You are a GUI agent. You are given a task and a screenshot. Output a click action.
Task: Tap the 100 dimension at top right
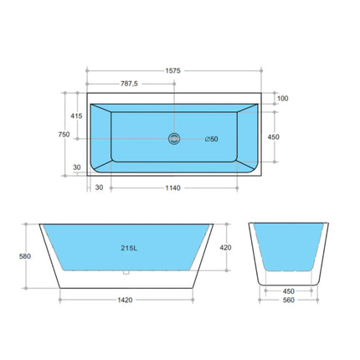[282, 99]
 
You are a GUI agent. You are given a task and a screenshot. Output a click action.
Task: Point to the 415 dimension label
[76, 116]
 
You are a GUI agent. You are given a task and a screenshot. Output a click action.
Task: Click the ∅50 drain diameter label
[211, 139]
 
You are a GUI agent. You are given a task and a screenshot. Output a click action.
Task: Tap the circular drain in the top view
[174, 138]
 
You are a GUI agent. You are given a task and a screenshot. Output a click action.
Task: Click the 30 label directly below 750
[76, 167]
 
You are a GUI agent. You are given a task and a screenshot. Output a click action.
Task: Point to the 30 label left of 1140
[99, 188]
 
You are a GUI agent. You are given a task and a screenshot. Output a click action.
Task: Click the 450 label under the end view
[289, 291]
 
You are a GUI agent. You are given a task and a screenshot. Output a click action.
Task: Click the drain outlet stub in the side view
[126, 273]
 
